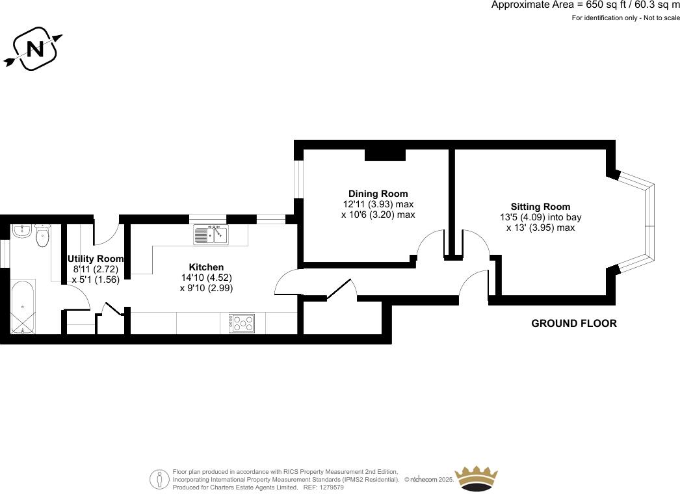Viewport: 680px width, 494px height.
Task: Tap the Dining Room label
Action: pos(378,194)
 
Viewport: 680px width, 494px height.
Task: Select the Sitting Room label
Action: pos(540,207)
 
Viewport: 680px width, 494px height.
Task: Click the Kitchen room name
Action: pos(206,267)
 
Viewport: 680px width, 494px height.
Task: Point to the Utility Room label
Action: pos(96,259)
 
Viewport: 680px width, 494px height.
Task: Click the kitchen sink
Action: pos(211,235)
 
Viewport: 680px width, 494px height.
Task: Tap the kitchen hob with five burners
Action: pos(243,323)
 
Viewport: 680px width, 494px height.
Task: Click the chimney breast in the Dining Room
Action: pos(385,154)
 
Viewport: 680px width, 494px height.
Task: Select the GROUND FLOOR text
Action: pos(573,323)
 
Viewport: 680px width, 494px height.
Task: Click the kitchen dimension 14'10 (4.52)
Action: pos(206,278)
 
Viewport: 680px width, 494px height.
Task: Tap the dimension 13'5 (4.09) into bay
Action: pos(540,218)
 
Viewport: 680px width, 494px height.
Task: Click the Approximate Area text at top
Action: pos(585,5)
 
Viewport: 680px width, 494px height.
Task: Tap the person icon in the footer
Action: pos(159,479)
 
